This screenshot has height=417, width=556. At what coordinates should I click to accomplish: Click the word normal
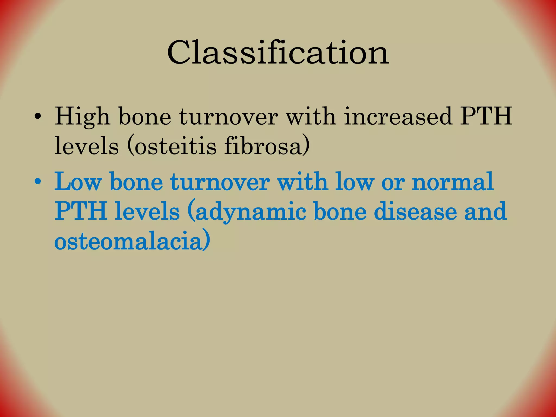453,181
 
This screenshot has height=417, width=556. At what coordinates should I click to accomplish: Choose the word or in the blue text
393,181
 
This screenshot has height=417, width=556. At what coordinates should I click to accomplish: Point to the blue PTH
81,211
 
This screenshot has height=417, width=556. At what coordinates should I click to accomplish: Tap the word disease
415,211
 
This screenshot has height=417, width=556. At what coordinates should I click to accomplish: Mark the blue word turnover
220,181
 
